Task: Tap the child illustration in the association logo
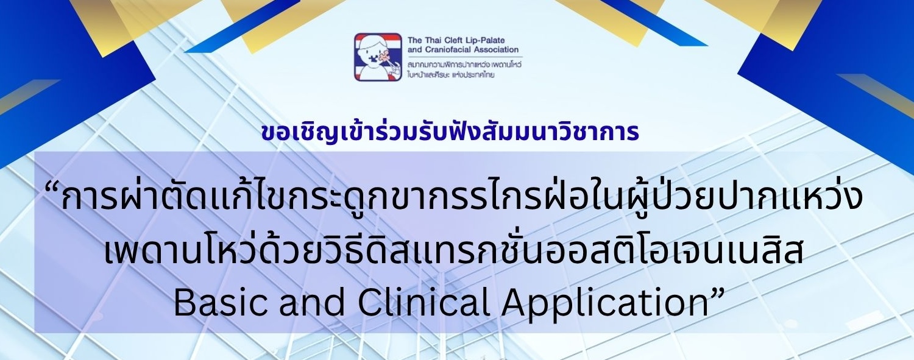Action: pyautogui.click(x=378, y=57)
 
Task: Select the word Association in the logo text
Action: pyautogui.click(x=495, y=50)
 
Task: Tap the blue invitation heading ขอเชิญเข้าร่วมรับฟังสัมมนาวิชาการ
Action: pyautogui.click(x=450, y=133)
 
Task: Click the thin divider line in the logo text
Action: pyautogui.click(x=465, y=57)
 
